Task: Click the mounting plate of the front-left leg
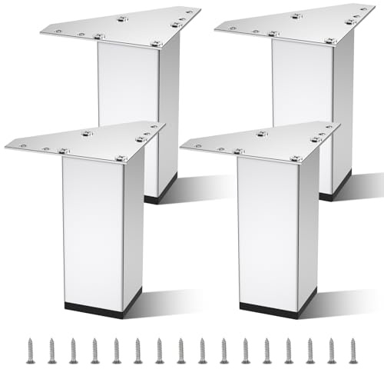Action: point(84,142)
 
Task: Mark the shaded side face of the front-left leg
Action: point(133,223)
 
